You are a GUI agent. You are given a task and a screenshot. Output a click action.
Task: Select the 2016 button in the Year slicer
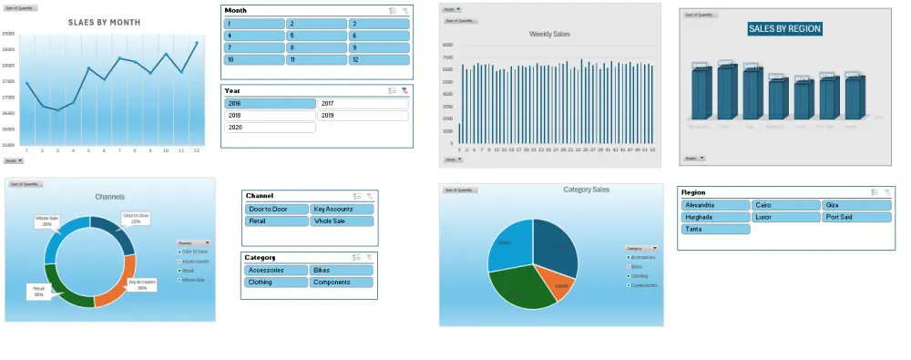[270, 104]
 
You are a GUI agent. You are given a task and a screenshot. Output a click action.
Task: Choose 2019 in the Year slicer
[363, 116]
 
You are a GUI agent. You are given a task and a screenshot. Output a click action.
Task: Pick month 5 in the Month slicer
[316, 36]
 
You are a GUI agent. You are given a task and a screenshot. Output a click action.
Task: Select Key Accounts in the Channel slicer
[342, 209]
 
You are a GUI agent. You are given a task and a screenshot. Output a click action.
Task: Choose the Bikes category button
[342, 270]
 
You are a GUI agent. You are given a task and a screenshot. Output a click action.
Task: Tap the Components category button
[342, 283]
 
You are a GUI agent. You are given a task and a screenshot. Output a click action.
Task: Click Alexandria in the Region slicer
[715, 205]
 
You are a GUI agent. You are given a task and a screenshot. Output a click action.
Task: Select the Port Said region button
[856, 217]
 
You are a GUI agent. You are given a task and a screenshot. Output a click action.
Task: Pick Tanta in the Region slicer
[715, 230]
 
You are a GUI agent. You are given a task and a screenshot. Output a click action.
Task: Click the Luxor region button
[785, 217]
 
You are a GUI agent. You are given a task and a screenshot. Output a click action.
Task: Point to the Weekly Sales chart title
[549, 34]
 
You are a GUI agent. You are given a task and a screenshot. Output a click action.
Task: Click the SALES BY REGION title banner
[784, 29]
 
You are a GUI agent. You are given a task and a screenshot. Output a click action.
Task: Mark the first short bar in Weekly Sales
[458, 133]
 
